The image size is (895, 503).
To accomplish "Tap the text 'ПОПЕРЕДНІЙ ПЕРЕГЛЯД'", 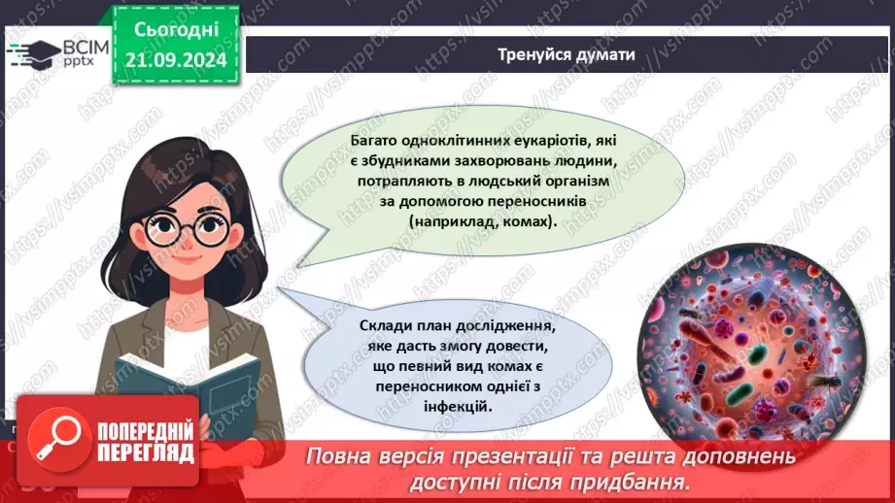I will pyautogui.click(x=144, y=441).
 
